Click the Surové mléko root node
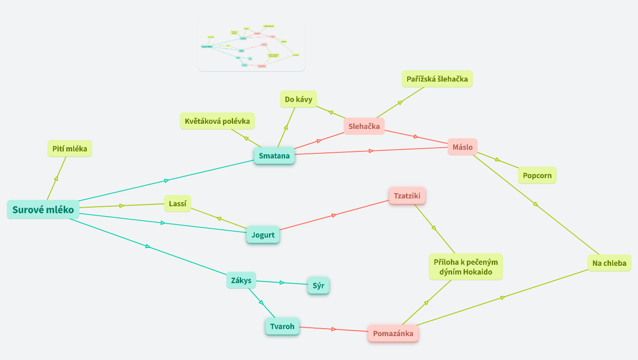click(x=43, y=210)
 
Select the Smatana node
click(x=274, y=156)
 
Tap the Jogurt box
click(x=263, y=235)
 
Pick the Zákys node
click(x=241, y=281)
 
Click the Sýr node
click(x=318, y=285)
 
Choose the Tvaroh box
click(x=282, y=327)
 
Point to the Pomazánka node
click(x=393, y=334)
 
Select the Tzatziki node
click(x=407, y=195)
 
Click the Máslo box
click(x=462, y=147)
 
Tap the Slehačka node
click(x=364, y=126)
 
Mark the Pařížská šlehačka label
click(x=437, y=79)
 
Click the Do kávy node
click(x=298, y=99)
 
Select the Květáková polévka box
click(x=217, y=121)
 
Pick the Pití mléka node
click(x=69, y=149)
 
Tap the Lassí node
click(x=177, y=203)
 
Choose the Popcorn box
click(x=537, y=176)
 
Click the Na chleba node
click(x=609, y=263)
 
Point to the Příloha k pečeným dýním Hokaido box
click(x=465, y=267)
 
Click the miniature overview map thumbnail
click(x=251, y=45)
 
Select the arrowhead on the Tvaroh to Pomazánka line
click(x=334, y=330)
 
